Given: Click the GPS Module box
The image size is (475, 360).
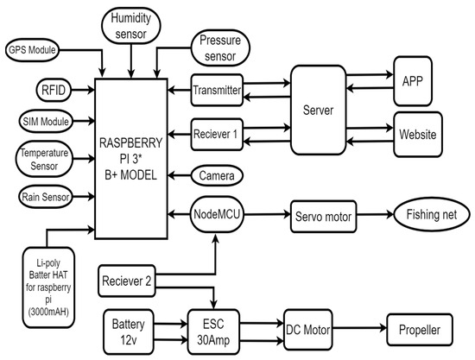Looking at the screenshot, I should click(32, 50).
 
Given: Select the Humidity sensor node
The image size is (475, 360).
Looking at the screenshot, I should click(130, 25).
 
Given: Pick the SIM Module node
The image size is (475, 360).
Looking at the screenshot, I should click(32, 121).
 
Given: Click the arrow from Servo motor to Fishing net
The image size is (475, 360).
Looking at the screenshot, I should click(374, 216).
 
